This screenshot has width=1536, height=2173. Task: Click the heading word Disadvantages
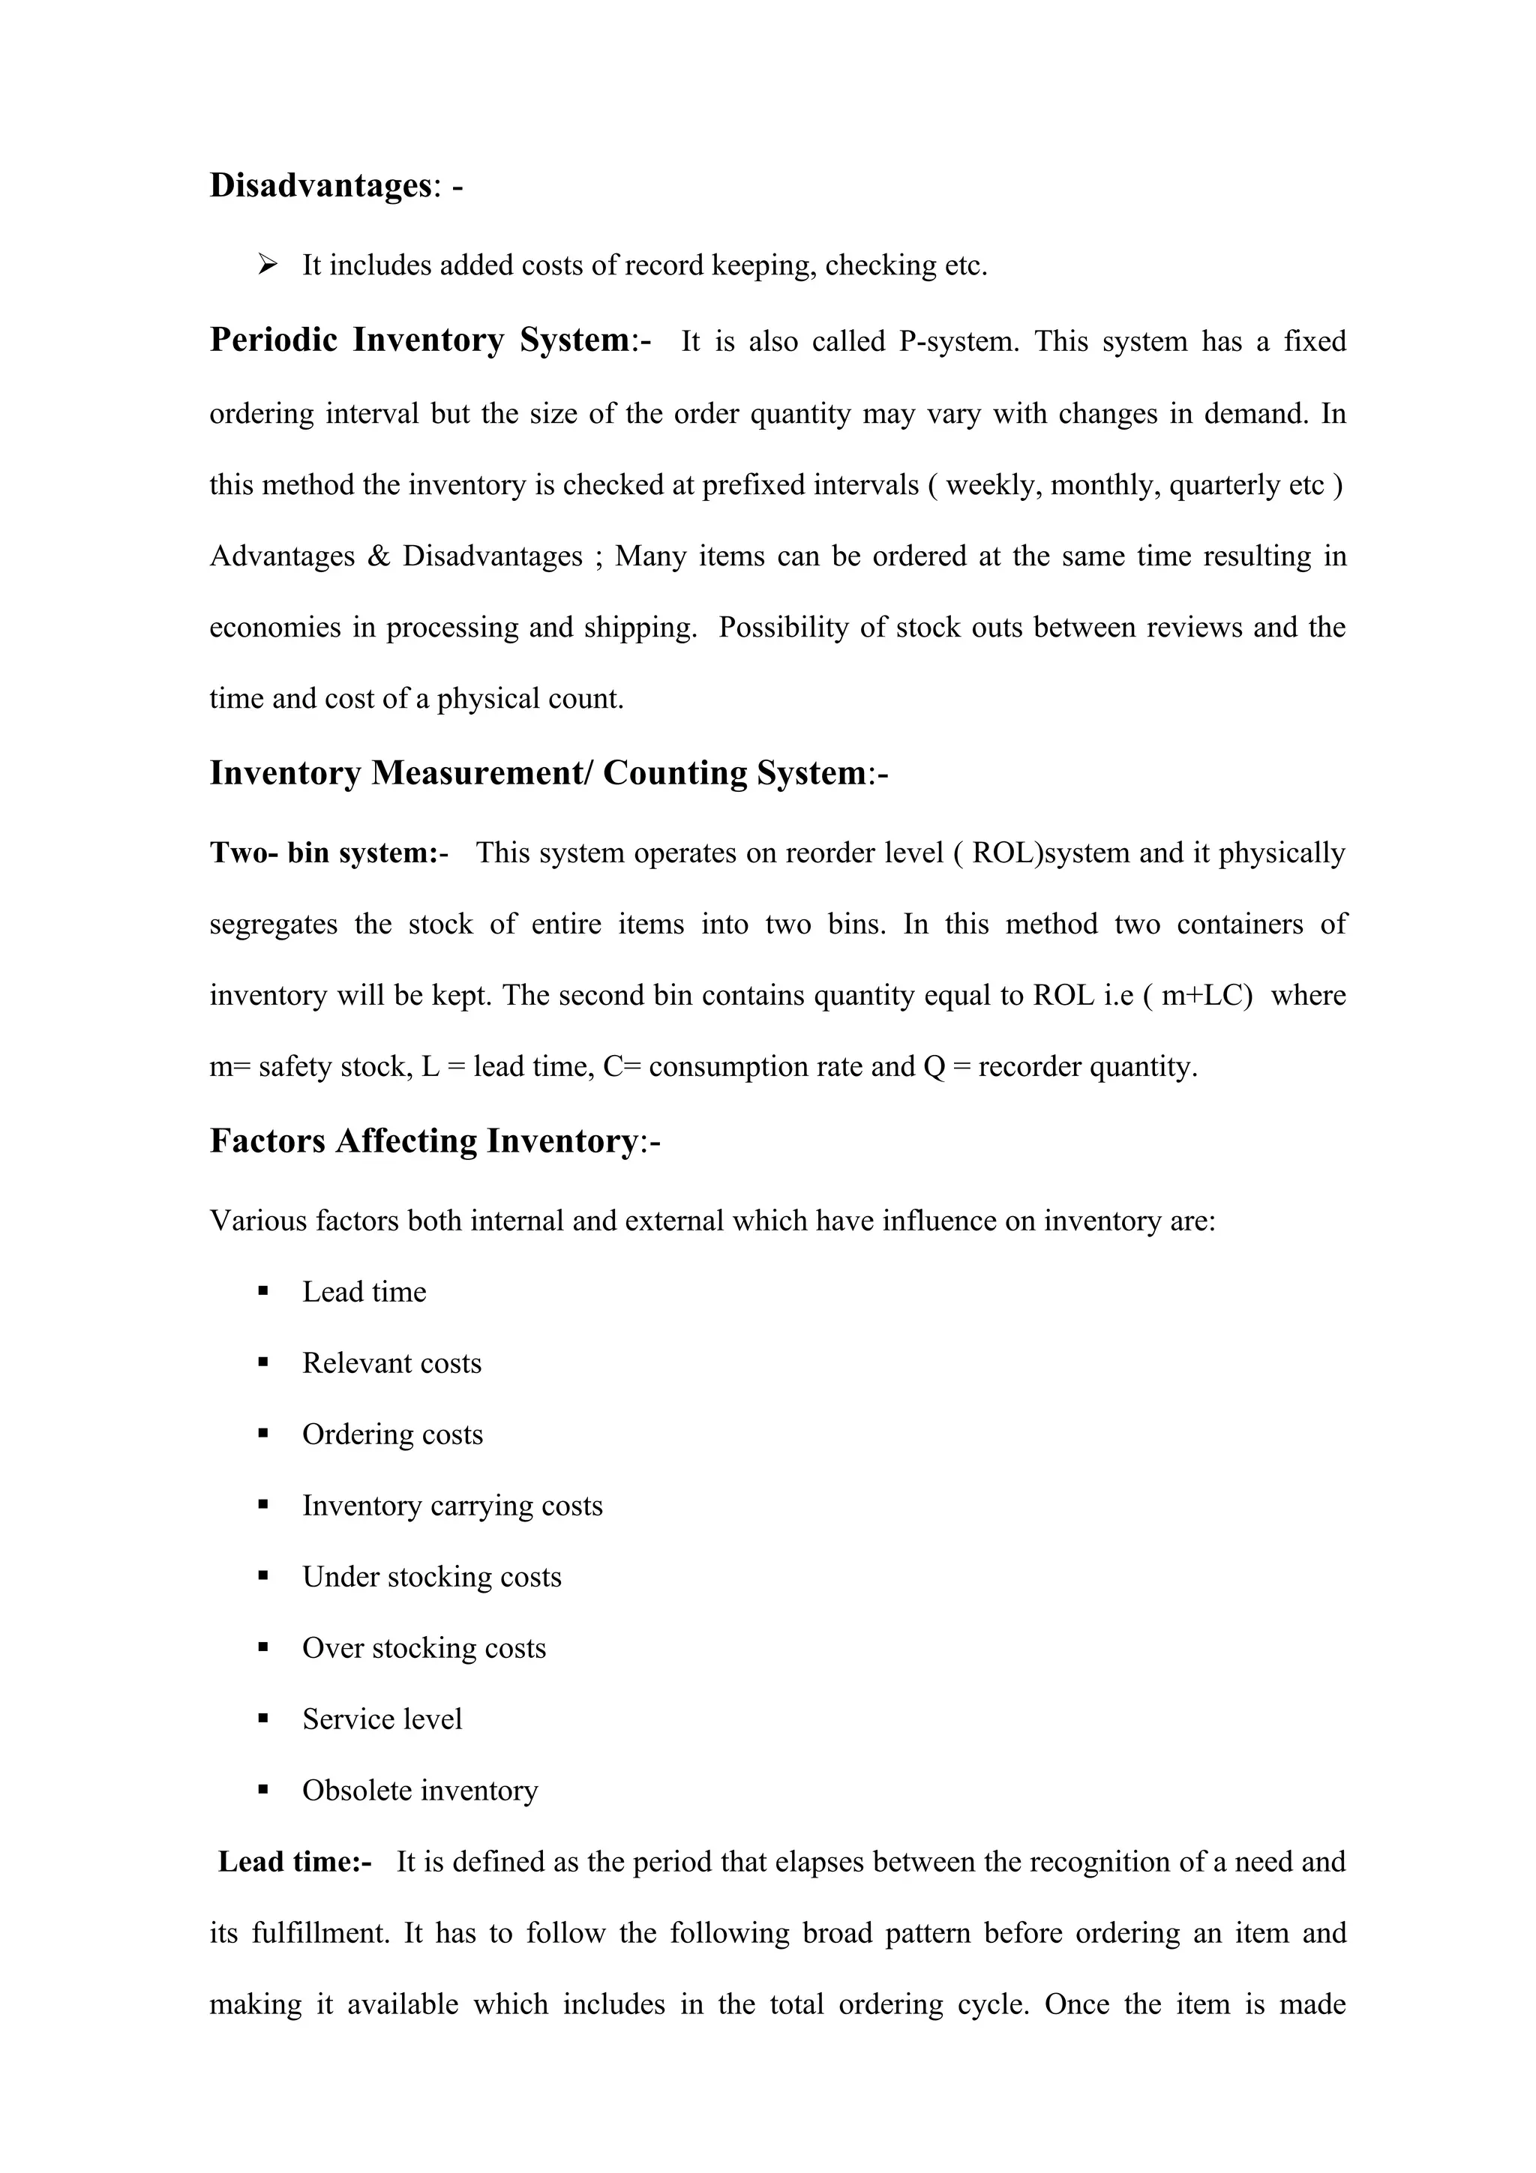tap(320, 185)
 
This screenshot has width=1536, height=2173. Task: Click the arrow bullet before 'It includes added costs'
tap(267, 265)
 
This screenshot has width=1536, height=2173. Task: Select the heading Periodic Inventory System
tap(419, 340)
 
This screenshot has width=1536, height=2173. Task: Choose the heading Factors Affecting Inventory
tap(423, 1141)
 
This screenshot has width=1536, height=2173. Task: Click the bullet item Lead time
tap(364, 1293)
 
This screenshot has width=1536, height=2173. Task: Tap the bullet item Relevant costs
tap(391, 1364)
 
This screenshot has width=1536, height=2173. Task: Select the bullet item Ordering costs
tap(391, 1434)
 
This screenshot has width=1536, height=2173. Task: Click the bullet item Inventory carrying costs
tap(451, 1506)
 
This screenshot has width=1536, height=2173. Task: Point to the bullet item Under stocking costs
tap(430, 1578)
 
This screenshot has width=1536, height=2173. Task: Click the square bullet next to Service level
tap(263, 1719)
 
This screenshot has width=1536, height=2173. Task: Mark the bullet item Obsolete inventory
tap(419, 1791)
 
